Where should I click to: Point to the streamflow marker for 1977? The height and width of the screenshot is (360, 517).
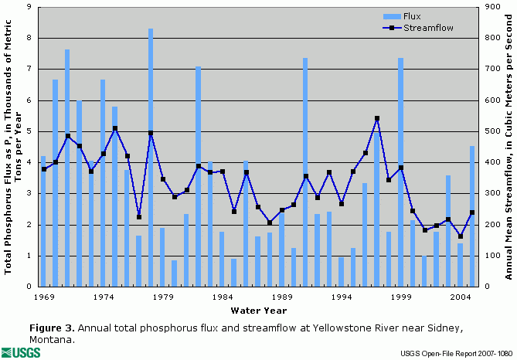point(138,217)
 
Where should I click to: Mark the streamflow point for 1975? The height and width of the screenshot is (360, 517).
point(115,128)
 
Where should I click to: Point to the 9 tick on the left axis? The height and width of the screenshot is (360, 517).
point(28,7)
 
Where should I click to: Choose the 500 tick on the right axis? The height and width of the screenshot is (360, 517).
point(491,131)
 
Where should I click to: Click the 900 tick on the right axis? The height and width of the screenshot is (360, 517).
point(491,7)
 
